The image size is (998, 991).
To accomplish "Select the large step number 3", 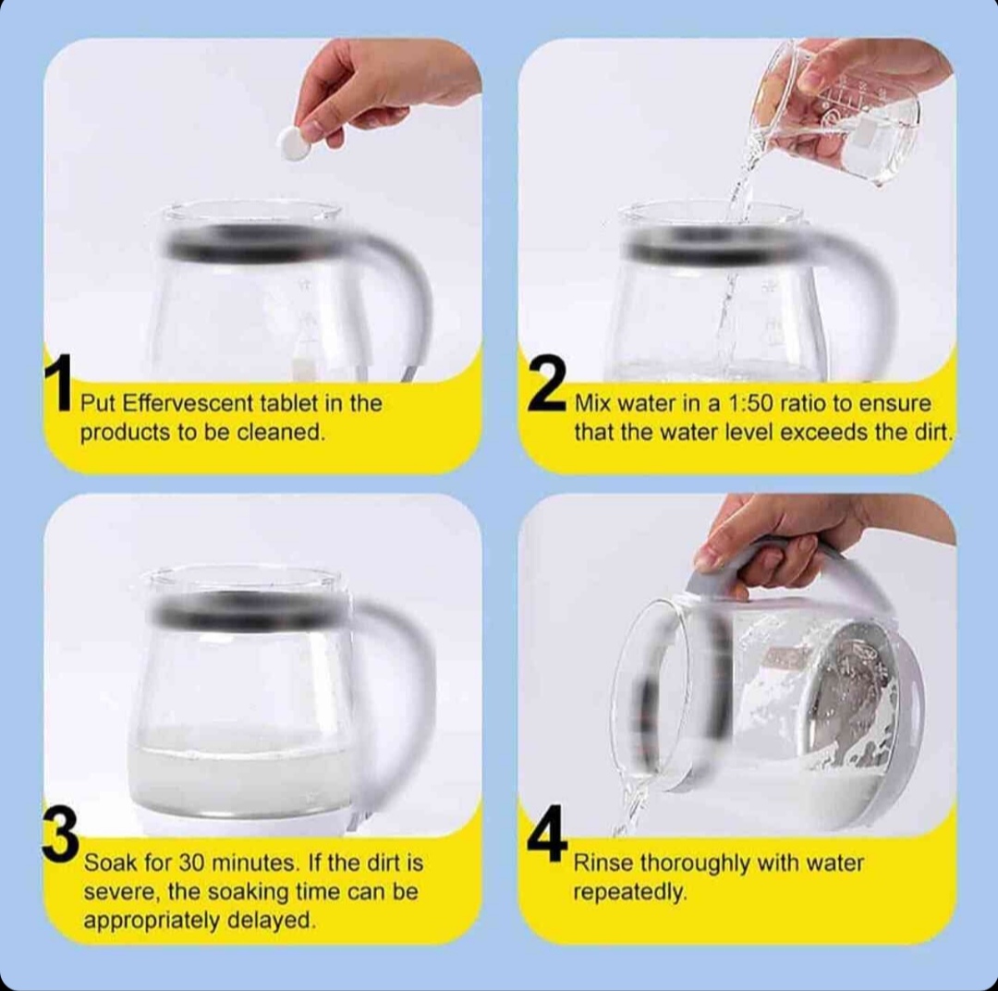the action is coord(60,836).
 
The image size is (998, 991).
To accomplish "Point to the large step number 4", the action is coord(547,834).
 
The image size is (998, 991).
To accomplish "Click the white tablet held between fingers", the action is coord(295,142).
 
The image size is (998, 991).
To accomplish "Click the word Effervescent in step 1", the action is coord(189,403).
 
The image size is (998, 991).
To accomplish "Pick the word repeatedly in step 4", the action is coord(630,893).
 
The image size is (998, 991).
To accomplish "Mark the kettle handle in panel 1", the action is coord(408,293).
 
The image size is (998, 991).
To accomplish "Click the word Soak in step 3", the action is coord(111,863).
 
